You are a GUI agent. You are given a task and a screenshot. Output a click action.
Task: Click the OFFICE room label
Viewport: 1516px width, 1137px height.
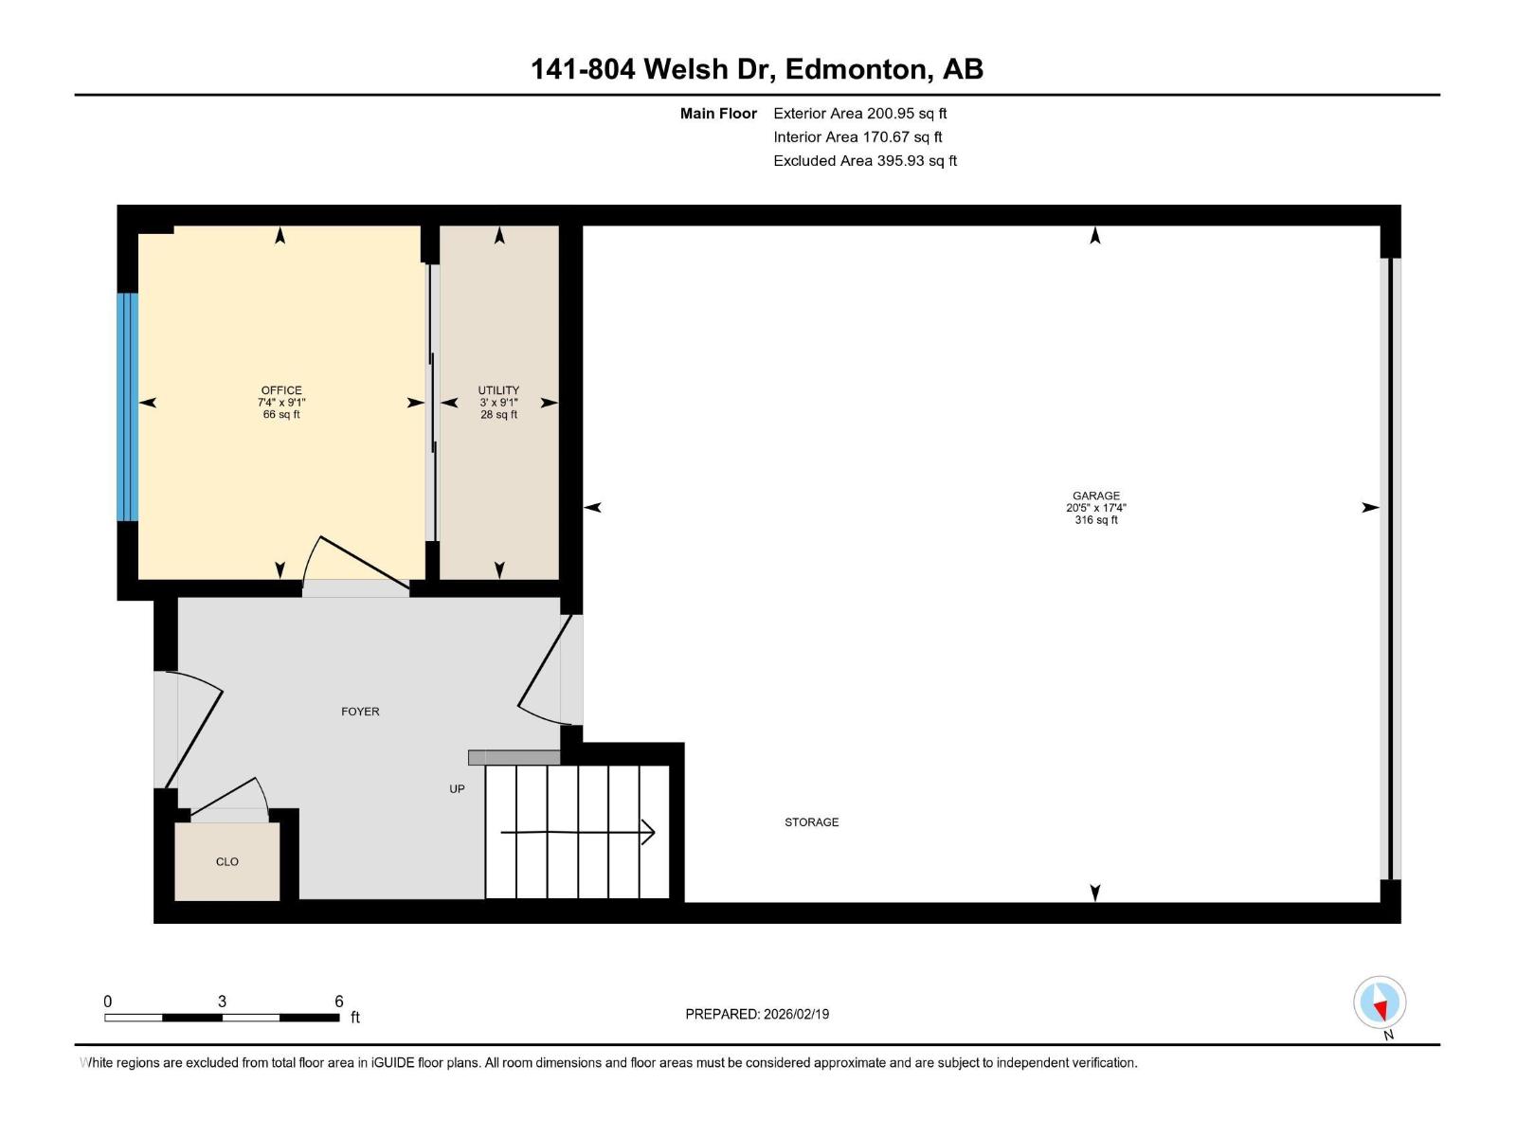[281, 390]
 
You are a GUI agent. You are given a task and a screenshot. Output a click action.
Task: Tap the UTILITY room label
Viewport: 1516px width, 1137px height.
[498, 390]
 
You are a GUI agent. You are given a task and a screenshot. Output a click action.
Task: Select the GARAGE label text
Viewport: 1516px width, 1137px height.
[1096, 496]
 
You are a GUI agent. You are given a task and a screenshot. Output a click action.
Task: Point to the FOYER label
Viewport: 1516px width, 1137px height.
[360, 712]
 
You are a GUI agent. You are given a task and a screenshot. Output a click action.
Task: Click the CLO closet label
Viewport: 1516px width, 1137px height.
[227, 861]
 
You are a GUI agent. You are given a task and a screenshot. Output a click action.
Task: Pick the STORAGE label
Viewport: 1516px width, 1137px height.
[811, 822]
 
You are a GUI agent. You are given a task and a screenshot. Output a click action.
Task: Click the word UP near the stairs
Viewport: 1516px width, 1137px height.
[457, 789]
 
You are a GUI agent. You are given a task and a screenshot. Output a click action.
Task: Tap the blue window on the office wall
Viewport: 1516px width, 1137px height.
[127, 406]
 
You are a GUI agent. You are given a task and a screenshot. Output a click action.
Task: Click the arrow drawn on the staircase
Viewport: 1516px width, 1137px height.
[577, 832]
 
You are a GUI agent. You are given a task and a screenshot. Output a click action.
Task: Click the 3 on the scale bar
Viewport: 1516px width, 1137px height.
[222, 1001]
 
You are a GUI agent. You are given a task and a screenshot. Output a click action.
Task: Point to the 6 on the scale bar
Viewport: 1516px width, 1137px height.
[338, 1001]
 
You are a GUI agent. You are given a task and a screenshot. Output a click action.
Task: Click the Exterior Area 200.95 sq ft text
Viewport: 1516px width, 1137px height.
[860, 113]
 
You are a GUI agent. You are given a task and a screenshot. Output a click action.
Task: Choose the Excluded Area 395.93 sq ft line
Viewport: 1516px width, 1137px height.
[865, 161]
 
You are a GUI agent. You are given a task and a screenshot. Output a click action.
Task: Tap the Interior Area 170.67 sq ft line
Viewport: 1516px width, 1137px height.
[857, 136]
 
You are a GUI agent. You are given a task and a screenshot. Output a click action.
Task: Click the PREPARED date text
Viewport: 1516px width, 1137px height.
[757, 1014]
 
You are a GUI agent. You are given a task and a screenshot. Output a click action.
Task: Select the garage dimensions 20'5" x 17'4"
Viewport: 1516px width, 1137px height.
[1096, 508]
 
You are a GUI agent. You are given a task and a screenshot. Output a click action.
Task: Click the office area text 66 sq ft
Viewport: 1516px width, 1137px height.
[281, 414]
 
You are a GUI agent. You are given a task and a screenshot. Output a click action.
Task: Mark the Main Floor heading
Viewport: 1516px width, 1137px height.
[718, 113]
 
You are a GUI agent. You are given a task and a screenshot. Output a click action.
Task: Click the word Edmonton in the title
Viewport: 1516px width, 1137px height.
[856, 69]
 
